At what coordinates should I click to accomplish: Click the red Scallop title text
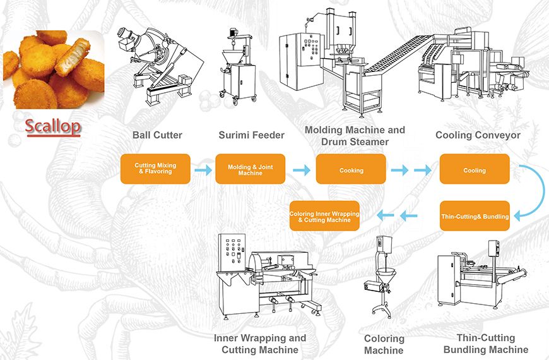[52, 125]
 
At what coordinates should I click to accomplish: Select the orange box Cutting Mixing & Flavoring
[155, 169]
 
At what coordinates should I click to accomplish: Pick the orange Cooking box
[351, 170]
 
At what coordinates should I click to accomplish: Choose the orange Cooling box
[475, 170]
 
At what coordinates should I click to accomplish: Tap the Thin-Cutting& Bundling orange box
[475, 217]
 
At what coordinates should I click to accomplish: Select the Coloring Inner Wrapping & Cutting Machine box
[325, 217]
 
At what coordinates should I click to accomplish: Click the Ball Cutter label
[158, 135]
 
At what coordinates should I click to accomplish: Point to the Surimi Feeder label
[252, 135]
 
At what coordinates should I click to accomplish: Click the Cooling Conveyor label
[478, 135]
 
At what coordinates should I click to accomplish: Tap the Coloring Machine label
[384, 345]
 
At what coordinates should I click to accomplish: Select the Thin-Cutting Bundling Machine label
[485, 344]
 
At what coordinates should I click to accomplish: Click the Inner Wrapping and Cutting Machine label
[260, 344]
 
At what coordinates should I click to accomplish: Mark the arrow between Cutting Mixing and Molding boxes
[203, 169]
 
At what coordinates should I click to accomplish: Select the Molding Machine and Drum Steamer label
[355, 135]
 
